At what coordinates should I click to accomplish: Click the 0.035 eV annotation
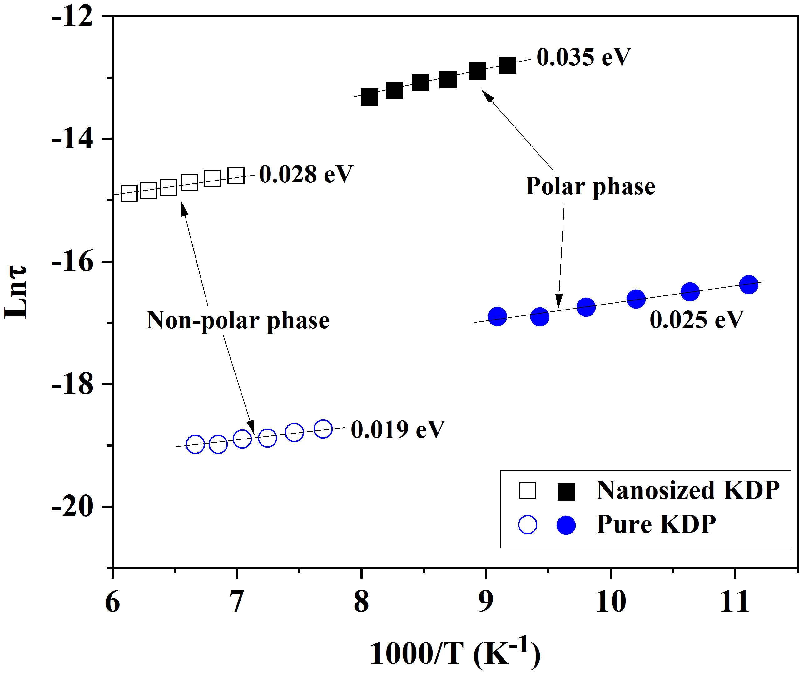[x=583, y=57]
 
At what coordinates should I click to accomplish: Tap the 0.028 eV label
[x=306, y=175]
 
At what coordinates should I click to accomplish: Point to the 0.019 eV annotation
[x=398, y=429]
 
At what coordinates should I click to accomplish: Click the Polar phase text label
[x=591, y=187]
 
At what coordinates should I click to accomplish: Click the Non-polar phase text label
[x=238, y=320]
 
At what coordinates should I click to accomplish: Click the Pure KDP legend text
[x=656, y=524]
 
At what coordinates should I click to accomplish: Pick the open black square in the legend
[x=528, y=491]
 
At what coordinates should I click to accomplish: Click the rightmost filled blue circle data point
[x=749, y=285]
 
